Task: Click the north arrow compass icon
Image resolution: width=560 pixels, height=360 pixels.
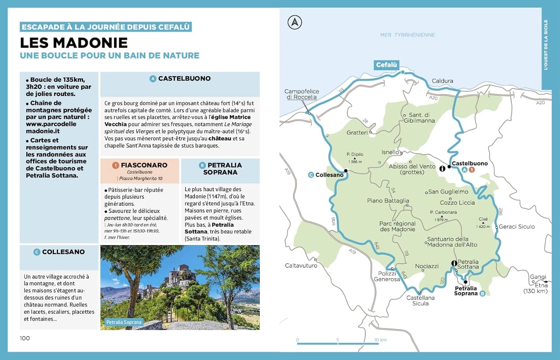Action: (x=295, y=22)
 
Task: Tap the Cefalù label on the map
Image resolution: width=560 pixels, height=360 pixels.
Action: (x=386, y=65)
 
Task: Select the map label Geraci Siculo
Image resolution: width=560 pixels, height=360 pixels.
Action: (x=516, y=227)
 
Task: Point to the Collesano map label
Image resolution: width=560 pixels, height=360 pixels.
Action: (x=329, y=175)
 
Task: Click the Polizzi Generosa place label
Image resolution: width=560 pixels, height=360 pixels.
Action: (x=387, y=276)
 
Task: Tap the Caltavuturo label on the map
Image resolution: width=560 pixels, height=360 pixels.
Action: (x=301, y=266)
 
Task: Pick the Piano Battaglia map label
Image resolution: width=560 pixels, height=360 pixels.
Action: (x=388, y=201)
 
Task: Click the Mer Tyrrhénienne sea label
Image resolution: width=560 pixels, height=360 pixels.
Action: (x=407, y=35)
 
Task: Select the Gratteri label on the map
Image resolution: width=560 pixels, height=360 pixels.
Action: (x=357, y=133)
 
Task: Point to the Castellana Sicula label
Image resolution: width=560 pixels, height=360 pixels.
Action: (x=420, y=301)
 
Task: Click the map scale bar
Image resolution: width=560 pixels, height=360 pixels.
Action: (x=337, y=343)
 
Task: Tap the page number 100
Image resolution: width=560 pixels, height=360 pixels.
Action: (x=25, y=338)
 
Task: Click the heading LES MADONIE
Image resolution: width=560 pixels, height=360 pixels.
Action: (x=74, y=43)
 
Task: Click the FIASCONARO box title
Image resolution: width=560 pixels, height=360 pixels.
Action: (x=144, y=165)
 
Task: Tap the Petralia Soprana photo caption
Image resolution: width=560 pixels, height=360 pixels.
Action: (x=124, y=322)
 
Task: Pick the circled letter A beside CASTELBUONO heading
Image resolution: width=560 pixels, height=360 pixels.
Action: (x=153, y=79)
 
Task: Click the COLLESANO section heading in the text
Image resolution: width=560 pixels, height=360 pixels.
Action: (x=63, y=252)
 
